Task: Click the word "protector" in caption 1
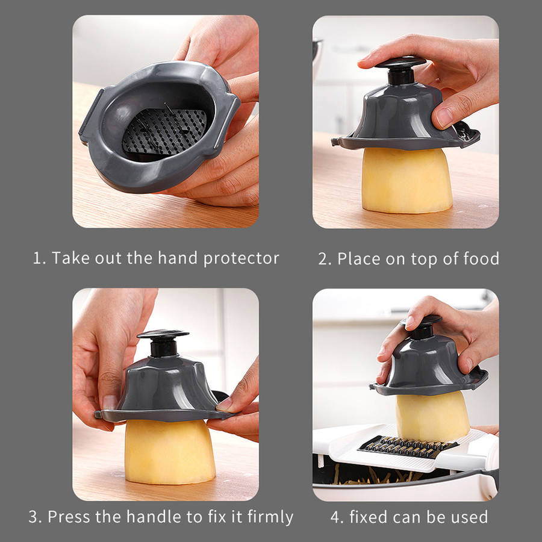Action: click(x=241, y=259)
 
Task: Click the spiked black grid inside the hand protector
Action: click(x=164, y=131)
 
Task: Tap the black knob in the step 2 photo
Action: click(x=400, y=70)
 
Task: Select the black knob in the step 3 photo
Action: click(x=163, y=343)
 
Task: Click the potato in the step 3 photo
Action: click(x=169, y=452)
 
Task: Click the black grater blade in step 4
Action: click(x=408, y=447)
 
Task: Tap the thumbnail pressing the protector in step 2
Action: click(x=444, y=118)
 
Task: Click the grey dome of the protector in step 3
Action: click(x=169, y=385)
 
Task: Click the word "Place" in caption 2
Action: click(x=359, y=258)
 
